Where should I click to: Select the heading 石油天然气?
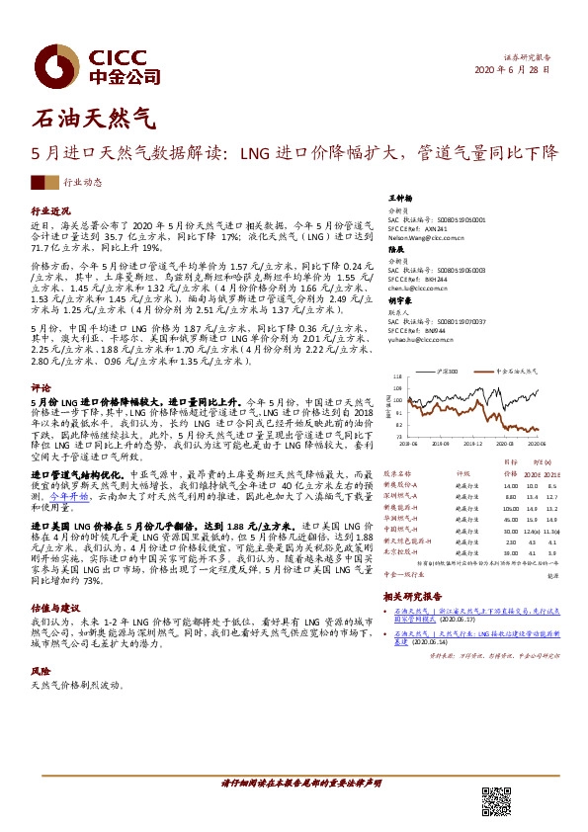[95, 121]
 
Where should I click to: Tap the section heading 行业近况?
[51, 211]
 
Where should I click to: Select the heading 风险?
[41, 669]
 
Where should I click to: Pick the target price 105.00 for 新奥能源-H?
[510, 508]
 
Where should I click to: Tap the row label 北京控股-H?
[401, 552]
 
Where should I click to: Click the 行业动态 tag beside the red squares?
[83, 183]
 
